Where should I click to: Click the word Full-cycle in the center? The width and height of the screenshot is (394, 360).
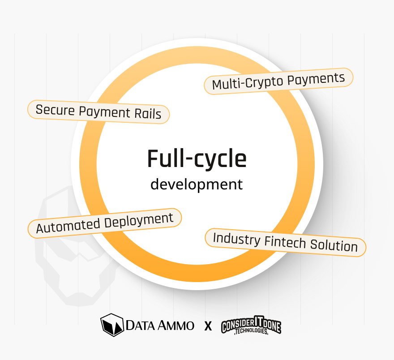pos(197,159)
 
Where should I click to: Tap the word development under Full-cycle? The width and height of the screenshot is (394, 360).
pos(197,184)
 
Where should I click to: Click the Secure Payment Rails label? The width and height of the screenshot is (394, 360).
pos(98,111)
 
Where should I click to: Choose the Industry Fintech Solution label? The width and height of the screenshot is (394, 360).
pos(285,242)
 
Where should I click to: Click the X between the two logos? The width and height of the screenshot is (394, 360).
pos(208,326)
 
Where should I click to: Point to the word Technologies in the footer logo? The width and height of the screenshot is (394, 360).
pos(251,333)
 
